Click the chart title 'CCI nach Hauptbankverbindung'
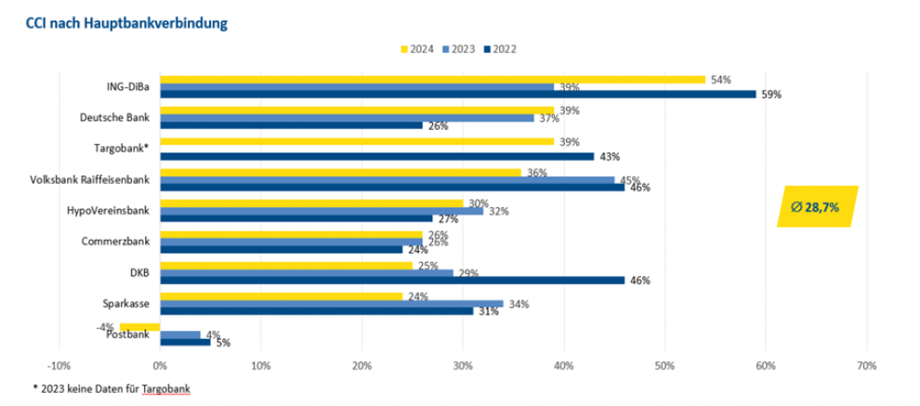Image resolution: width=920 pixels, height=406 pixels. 113,21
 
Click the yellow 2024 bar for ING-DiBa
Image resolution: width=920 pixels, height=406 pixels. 432,79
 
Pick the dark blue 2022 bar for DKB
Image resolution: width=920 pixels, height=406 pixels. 390,280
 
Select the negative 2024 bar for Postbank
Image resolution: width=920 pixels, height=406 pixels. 139,326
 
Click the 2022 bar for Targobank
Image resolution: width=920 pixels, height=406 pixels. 377,156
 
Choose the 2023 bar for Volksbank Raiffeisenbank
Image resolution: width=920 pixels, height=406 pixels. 387,179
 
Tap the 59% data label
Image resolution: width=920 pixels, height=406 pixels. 770,95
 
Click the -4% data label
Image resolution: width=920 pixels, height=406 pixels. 105,326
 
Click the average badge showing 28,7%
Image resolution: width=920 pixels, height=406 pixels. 815,207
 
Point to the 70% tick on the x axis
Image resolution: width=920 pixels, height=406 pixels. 865,365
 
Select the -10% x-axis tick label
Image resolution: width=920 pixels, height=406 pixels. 59,365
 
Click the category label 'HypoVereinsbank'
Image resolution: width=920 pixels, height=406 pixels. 108,211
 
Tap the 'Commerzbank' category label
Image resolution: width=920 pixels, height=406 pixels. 118,242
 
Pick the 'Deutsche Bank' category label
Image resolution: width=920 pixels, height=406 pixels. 116,117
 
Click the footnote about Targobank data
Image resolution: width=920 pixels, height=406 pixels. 103,387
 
